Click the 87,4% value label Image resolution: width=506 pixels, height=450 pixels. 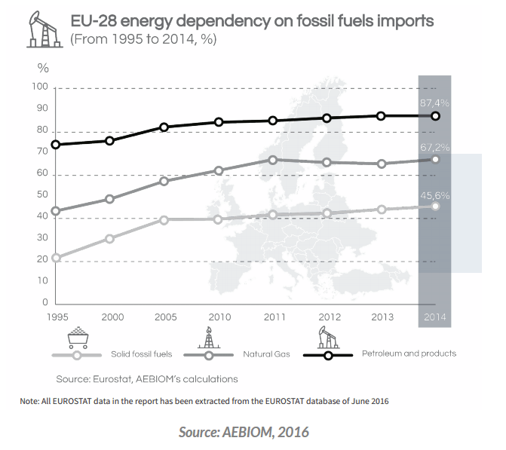click(x=435, y=101)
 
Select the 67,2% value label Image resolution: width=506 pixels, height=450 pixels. click(x=435, y=147)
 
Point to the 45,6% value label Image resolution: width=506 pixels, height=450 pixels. click(x=435, y=194)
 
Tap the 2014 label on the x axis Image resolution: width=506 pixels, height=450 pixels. click(x=435, y=317)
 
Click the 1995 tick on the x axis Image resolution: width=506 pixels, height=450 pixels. click(x=56, y=317)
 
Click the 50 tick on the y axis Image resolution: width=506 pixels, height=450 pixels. click(x=41, y=195)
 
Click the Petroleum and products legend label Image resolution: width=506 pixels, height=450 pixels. click(x=409, y=353)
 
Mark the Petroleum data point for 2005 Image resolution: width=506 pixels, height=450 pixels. click(x=164, y=127)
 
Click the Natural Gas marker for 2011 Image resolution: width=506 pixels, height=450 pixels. click(x=273, y=160)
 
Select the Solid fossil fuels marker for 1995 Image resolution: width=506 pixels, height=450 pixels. click(x=56, y=258)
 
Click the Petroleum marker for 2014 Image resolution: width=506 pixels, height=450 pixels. click(x=435, y=116)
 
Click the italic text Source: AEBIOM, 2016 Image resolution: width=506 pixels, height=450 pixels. click(x=244, y=432)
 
